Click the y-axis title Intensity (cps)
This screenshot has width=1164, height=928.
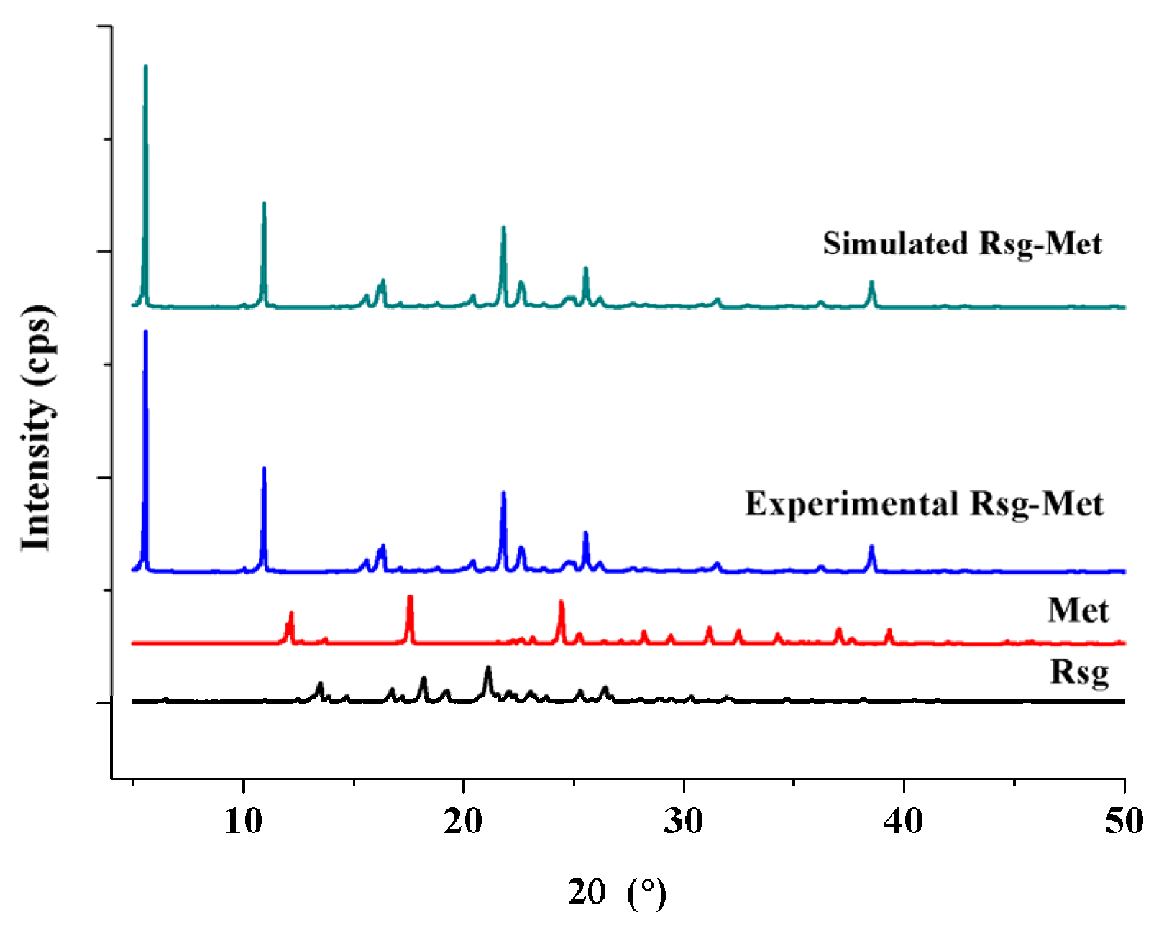(36, 428)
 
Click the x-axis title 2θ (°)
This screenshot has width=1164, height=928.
(617, 893)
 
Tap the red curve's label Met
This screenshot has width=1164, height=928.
(1078, 610)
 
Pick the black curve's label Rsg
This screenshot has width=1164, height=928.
(1079, 673)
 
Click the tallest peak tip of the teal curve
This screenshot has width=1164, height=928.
(146, 67)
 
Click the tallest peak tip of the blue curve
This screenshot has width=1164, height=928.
(146, 332)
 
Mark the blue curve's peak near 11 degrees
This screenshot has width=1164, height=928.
(264, 469)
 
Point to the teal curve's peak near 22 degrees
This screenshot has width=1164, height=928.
(503, 228)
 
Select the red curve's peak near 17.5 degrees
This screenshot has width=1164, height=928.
(410, 597)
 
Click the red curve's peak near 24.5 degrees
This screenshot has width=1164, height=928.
(561, 602)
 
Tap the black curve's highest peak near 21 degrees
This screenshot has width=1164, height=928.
(488, 668)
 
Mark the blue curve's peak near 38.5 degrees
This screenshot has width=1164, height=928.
(871, 547)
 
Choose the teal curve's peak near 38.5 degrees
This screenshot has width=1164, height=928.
(871, 282)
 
